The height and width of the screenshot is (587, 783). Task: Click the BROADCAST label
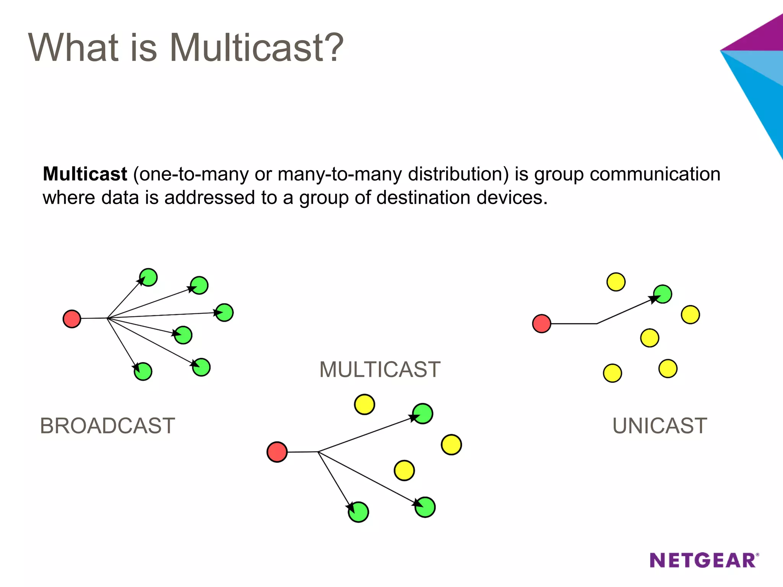pyautogui.click(x=107, y=426)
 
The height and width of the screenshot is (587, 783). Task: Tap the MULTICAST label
pyautogui.click(x=380, y=370)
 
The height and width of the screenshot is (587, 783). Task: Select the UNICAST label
pyautogui.click(x=660, y=426)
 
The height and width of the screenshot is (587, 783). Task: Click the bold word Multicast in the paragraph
pyautogui.click(x=85, y=174)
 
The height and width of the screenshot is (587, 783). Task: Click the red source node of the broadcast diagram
pyautogui.click(x=72, y=319)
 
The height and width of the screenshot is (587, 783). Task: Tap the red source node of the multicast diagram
pyautogui.click(x=277, y=452)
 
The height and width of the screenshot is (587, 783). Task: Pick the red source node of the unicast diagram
pyautogui.click(x=541, y=324)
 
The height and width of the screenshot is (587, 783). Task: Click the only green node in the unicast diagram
pyautogui.click(x=663, y=294)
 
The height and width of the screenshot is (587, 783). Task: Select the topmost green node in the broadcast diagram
pyautogui.click(x=148, y=277)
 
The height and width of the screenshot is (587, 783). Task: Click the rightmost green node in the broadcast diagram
pyautogui.click(x=224, y=313)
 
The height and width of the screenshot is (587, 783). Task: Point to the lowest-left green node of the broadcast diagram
pyautogui.click(x=143, y=371)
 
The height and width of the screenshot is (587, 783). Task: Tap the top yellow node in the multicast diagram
pyautogui.click(x=364, y=404)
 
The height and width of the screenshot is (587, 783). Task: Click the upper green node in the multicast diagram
pyautogui.click(x=423, y=413)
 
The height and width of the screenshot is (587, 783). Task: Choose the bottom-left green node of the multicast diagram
pyautogui.click(x=358, y=512)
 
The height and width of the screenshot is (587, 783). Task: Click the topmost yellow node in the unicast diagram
pyautogui.click(x=616, y=282)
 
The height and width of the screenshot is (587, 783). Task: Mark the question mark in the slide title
pyautogui.click(x=331, y=48)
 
